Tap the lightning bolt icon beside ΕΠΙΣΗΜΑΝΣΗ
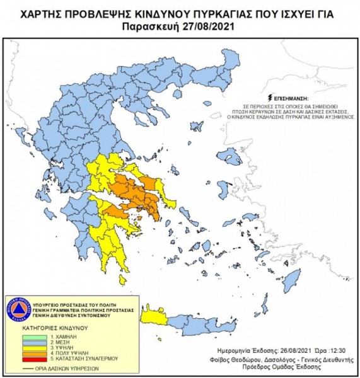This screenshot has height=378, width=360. (270, 98)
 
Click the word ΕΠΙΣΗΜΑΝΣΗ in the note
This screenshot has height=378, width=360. (289, 99)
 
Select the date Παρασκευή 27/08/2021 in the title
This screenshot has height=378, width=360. (180, 27)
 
